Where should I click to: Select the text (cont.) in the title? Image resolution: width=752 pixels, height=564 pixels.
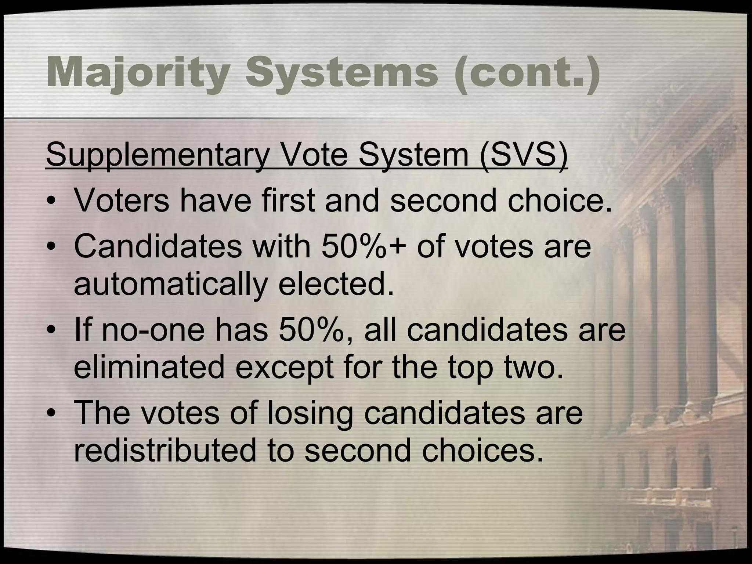point(527,72)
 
